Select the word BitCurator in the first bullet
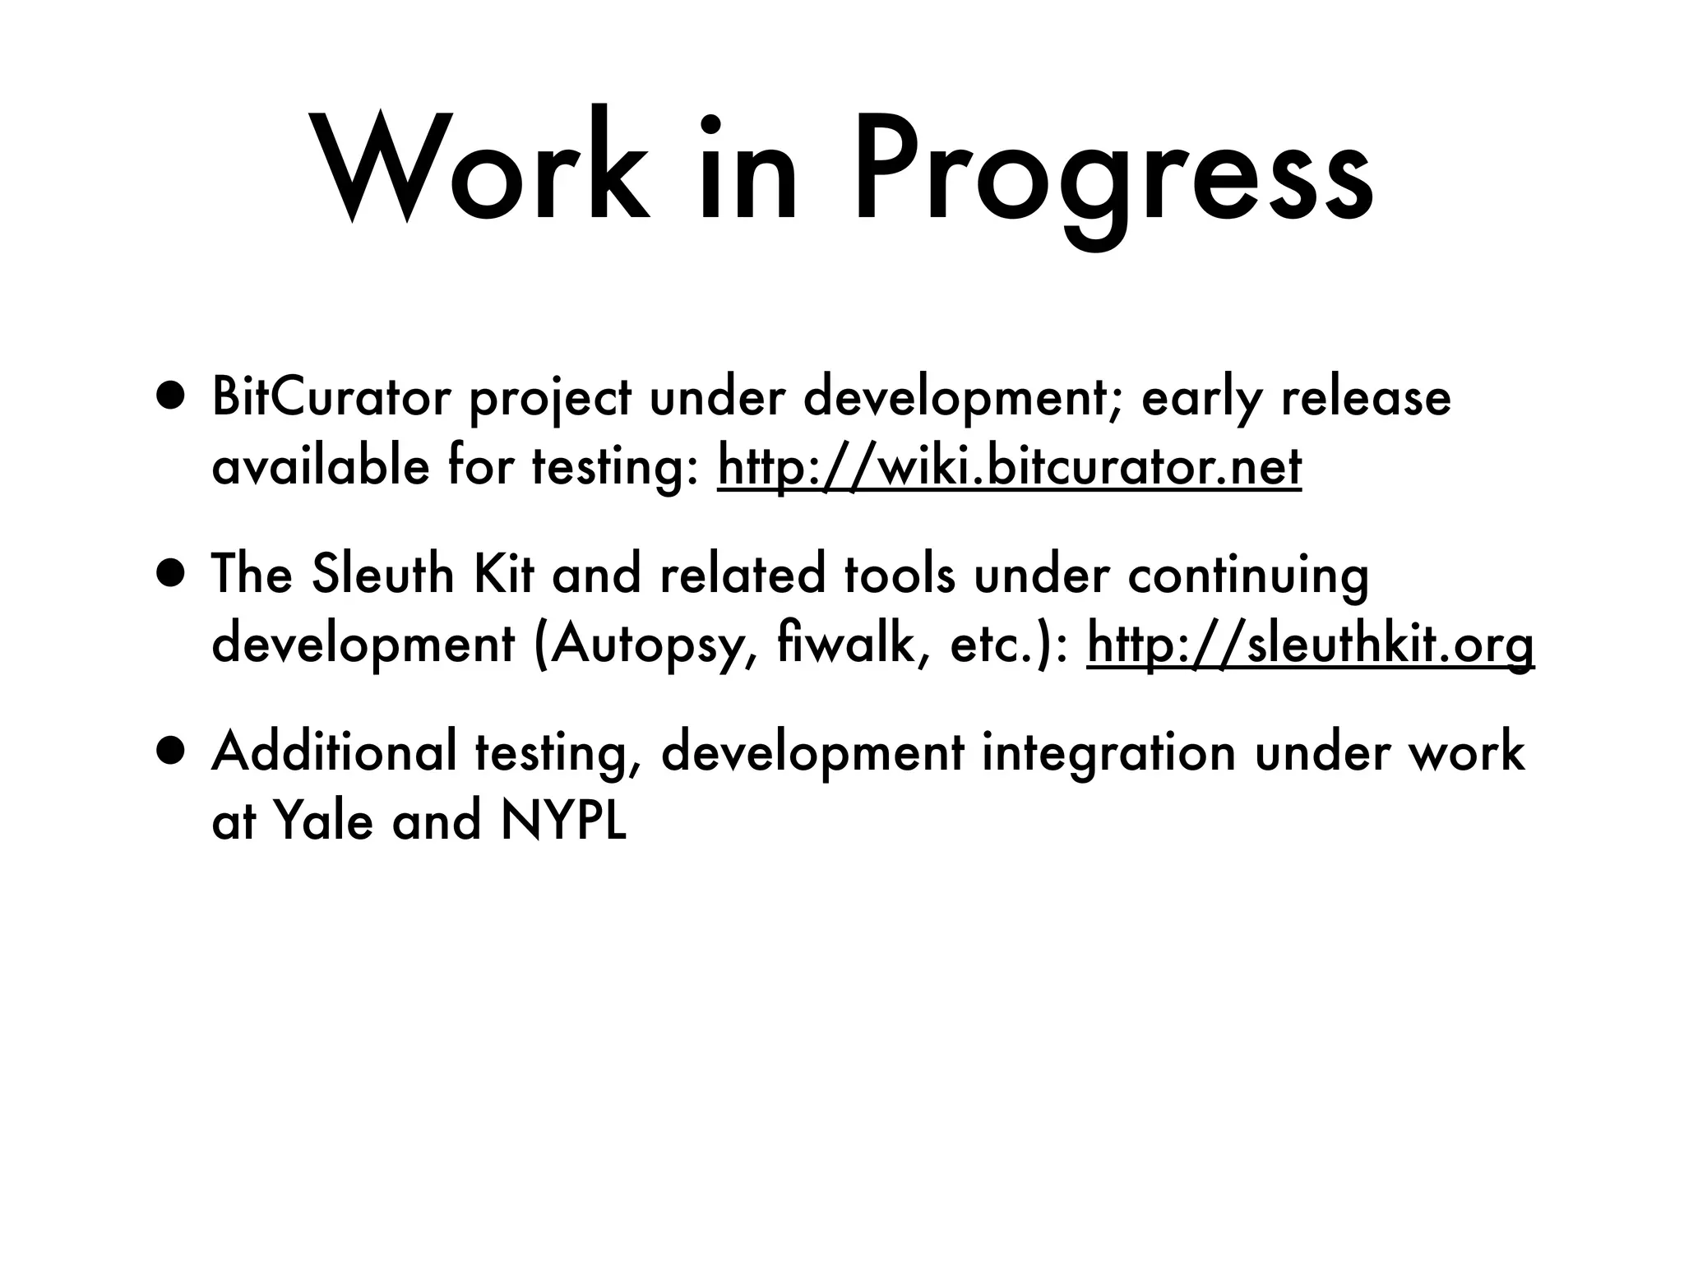pyautogui.click(x=331, y=398)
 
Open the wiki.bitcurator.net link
pyautogui.click(x=1009, y=467)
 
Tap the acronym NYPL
pyautogui.click(x=564, y=821)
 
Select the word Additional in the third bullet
pyautogui.click(x=334, y=752)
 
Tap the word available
pyautogui.click(x=320, y=467)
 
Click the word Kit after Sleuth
pyautogui.click(x=503, y=575)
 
